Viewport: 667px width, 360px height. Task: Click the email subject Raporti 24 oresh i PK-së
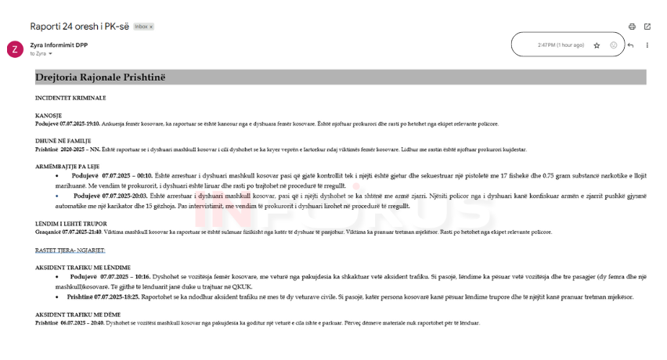[x=80, y=26]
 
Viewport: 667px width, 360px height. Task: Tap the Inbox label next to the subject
[x=143, y=27]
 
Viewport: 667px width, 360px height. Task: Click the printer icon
[x=632, y=27]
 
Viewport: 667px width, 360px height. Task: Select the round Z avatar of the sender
[x=15, y=49]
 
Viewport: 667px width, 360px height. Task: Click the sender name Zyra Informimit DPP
[x=59, y=45]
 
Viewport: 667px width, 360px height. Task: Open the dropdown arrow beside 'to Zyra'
[x=50, y=54]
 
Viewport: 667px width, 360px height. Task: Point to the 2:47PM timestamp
[x=561, y=45]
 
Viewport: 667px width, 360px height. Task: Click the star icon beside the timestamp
[x=597, y=45]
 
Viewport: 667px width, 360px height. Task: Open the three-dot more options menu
[x=647, y=45]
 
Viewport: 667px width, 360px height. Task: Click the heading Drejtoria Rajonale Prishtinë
[x=100, y=77]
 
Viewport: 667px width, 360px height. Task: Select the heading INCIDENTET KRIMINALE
[x=70, y=98]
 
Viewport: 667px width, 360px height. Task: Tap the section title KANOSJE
[x=49, y=116]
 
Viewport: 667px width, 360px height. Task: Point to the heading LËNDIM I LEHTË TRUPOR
[x=71, y=224]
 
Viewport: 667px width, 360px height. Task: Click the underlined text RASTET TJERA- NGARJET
[x=69, y=250]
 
